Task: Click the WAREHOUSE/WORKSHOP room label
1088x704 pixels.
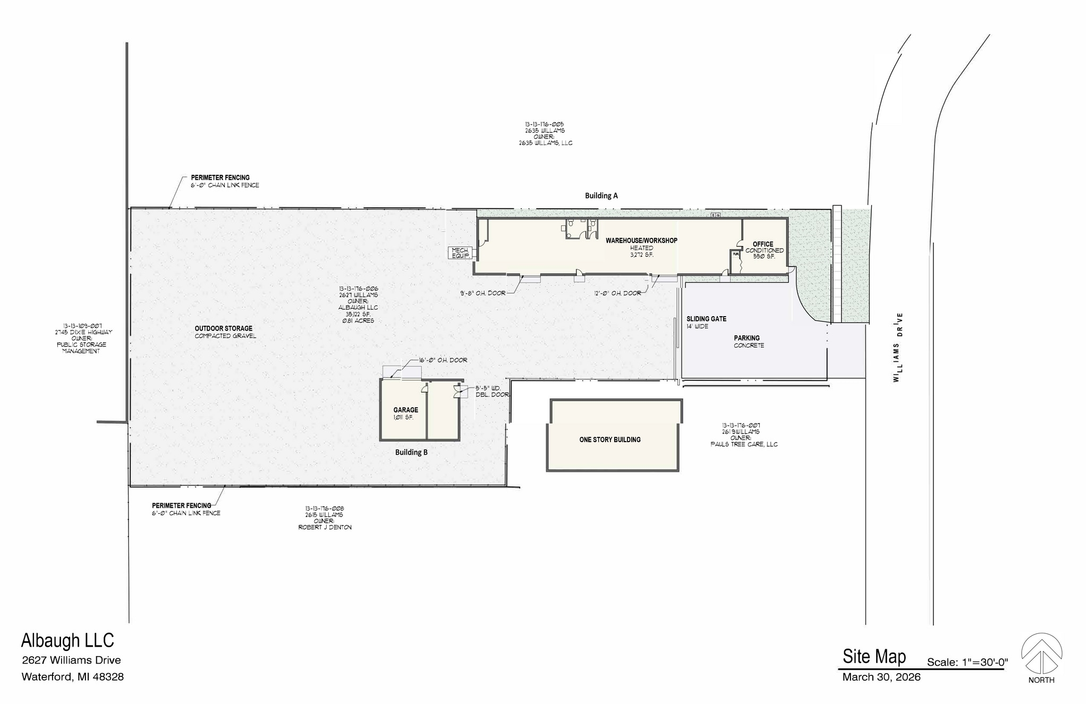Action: [641, 241]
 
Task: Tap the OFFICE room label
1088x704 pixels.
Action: [763, 244]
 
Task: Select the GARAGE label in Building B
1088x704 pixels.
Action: [405, 410]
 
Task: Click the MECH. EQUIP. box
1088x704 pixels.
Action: [460, 253]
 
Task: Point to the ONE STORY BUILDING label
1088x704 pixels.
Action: [609, 440]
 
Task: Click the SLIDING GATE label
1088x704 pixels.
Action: [706, 319]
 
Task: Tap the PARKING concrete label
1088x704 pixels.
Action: [746, 338]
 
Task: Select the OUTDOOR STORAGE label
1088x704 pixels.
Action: [223, 328]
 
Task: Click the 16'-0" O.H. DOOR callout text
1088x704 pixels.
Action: [443, 360]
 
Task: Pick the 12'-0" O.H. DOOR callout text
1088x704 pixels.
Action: [617, 293]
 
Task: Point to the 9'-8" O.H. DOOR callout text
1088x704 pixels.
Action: [482, 293]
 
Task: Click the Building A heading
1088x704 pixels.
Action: [601, 196]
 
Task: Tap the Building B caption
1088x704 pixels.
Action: [411, 453]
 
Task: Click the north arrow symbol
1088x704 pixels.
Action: [1041, 654]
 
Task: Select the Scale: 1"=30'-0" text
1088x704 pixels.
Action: [967, 663]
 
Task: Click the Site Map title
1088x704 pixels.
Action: [874, 657]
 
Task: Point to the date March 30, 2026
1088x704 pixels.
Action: [881, 677]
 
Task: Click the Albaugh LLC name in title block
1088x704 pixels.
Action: [67, 641]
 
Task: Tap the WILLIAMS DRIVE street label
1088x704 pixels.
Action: [898, 348]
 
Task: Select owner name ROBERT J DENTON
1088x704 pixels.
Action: [325, 528]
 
